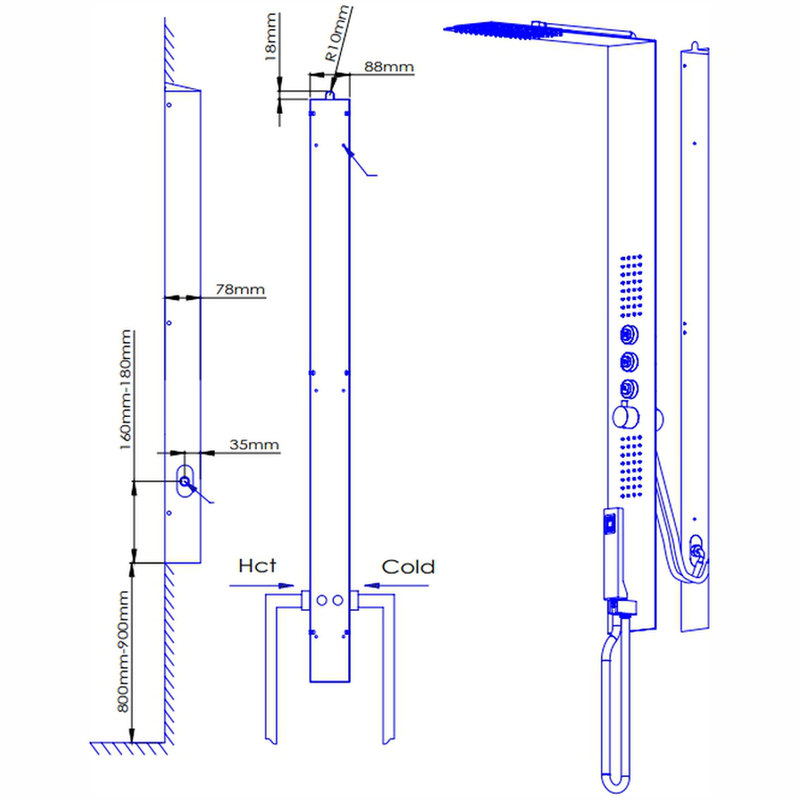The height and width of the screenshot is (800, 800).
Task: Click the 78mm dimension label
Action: point(240,289)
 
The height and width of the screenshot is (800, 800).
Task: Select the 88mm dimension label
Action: point(388,67)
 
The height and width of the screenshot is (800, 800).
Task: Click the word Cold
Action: point(408,567)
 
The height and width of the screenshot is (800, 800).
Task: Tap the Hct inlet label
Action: point(257,567)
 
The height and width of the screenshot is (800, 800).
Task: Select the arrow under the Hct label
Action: point(263,585)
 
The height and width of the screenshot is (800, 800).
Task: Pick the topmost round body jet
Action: point(629,335)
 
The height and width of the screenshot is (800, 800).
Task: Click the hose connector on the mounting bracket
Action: point(696,552)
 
